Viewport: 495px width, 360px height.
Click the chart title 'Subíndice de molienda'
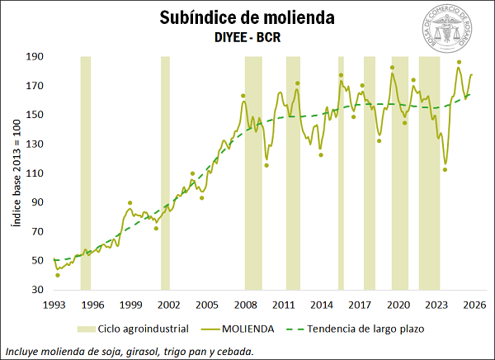point(247,18)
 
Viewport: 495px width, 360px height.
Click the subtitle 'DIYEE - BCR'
point(247,37)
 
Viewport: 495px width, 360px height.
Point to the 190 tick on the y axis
point(35,57)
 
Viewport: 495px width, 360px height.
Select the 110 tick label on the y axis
point(35,173)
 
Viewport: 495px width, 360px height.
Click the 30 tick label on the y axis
point(37,290)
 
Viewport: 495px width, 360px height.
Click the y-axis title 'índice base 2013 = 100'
point(16,173)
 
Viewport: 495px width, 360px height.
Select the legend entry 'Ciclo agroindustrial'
point(144,329)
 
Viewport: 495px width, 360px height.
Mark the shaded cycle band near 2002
point(165,173)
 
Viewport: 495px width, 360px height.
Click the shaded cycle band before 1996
point(86,173)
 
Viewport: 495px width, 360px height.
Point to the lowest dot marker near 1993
point(58,275)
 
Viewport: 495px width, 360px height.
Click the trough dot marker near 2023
point(445,170)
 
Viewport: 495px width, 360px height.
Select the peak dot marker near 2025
point(460,62)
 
